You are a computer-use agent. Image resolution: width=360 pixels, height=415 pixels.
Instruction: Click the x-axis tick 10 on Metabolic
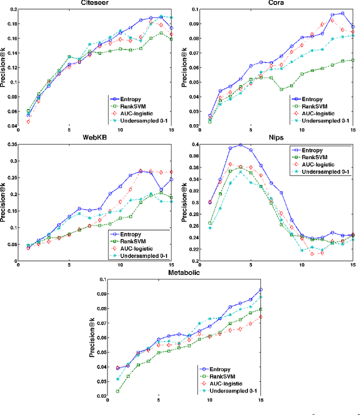(209, 402)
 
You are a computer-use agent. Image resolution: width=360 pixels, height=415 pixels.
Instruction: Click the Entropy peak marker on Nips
(241, 145)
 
